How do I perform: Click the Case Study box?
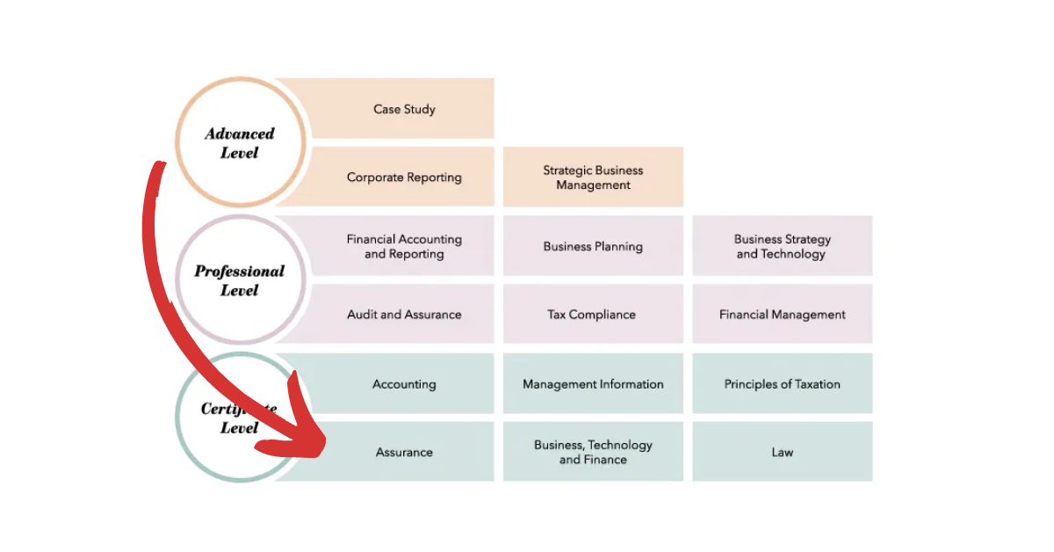tap(404, 109)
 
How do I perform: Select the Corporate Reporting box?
tap(404, 178)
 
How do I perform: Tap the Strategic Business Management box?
tap(593, 178)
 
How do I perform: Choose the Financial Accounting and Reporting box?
tap(404, 246)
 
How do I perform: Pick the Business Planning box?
tap(593, 246)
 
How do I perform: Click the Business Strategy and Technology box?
tap(782, 246)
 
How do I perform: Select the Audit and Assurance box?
tap(404, 315)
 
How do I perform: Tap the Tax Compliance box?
tap(593, 315)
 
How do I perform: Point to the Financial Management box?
tap(782, 315)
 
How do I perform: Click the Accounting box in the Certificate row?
tap(404, 384)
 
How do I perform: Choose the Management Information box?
tap(593, 384)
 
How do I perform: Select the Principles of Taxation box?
tap(782, 384)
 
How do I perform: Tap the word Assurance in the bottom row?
tap(404, 453)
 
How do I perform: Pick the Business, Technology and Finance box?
tap(593, 452)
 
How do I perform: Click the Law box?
tap(782, 453)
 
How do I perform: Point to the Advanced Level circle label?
tap(240, 143)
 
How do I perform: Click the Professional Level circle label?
tap(239, 280)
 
